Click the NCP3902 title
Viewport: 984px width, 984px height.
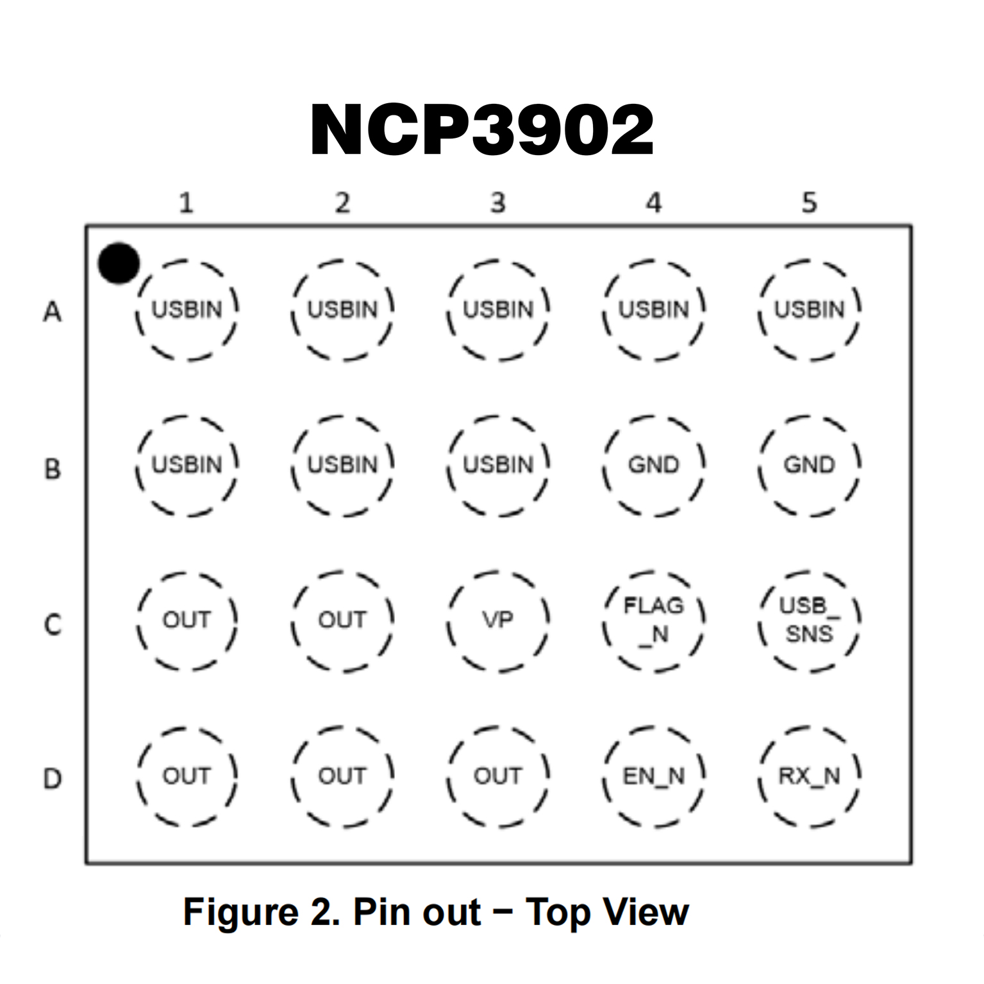click(482, 130)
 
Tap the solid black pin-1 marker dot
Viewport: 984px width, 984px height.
click(119, 263)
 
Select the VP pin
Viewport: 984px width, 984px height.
click(498, 620)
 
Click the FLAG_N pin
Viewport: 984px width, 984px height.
click(654, 620)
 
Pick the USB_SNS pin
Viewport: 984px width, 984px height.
click(810, 620)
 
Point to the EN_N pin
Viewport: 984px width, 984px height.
click(654, 776)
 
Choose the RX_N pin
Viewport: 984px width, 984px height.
click(810, 776)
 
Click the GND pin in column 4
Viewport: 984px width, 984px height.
click(654, 465)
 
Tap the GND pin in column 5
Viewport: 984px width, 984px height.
click(810, 465)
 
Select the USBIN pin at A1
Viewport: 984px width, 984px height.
click(187, 310)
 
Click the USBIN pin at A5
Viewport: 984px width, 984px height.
click(810, 310)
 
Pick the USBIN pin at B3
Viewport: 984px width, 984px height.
click(498, 465)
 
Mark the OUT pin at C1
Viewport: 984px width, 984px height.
click(187, 620)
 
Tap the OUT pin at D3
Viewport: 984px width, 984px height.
click(498, 776)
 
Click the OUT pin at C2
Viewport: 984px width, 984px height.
click(342, 620)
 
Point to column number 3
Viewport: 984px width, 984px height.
click(498, 203)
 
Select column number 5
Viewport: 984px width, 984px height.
click(810, 203)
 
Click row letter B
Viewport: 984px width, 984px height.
click(53, 469)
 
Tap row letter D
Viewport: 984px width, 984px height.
click(53, 779)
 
